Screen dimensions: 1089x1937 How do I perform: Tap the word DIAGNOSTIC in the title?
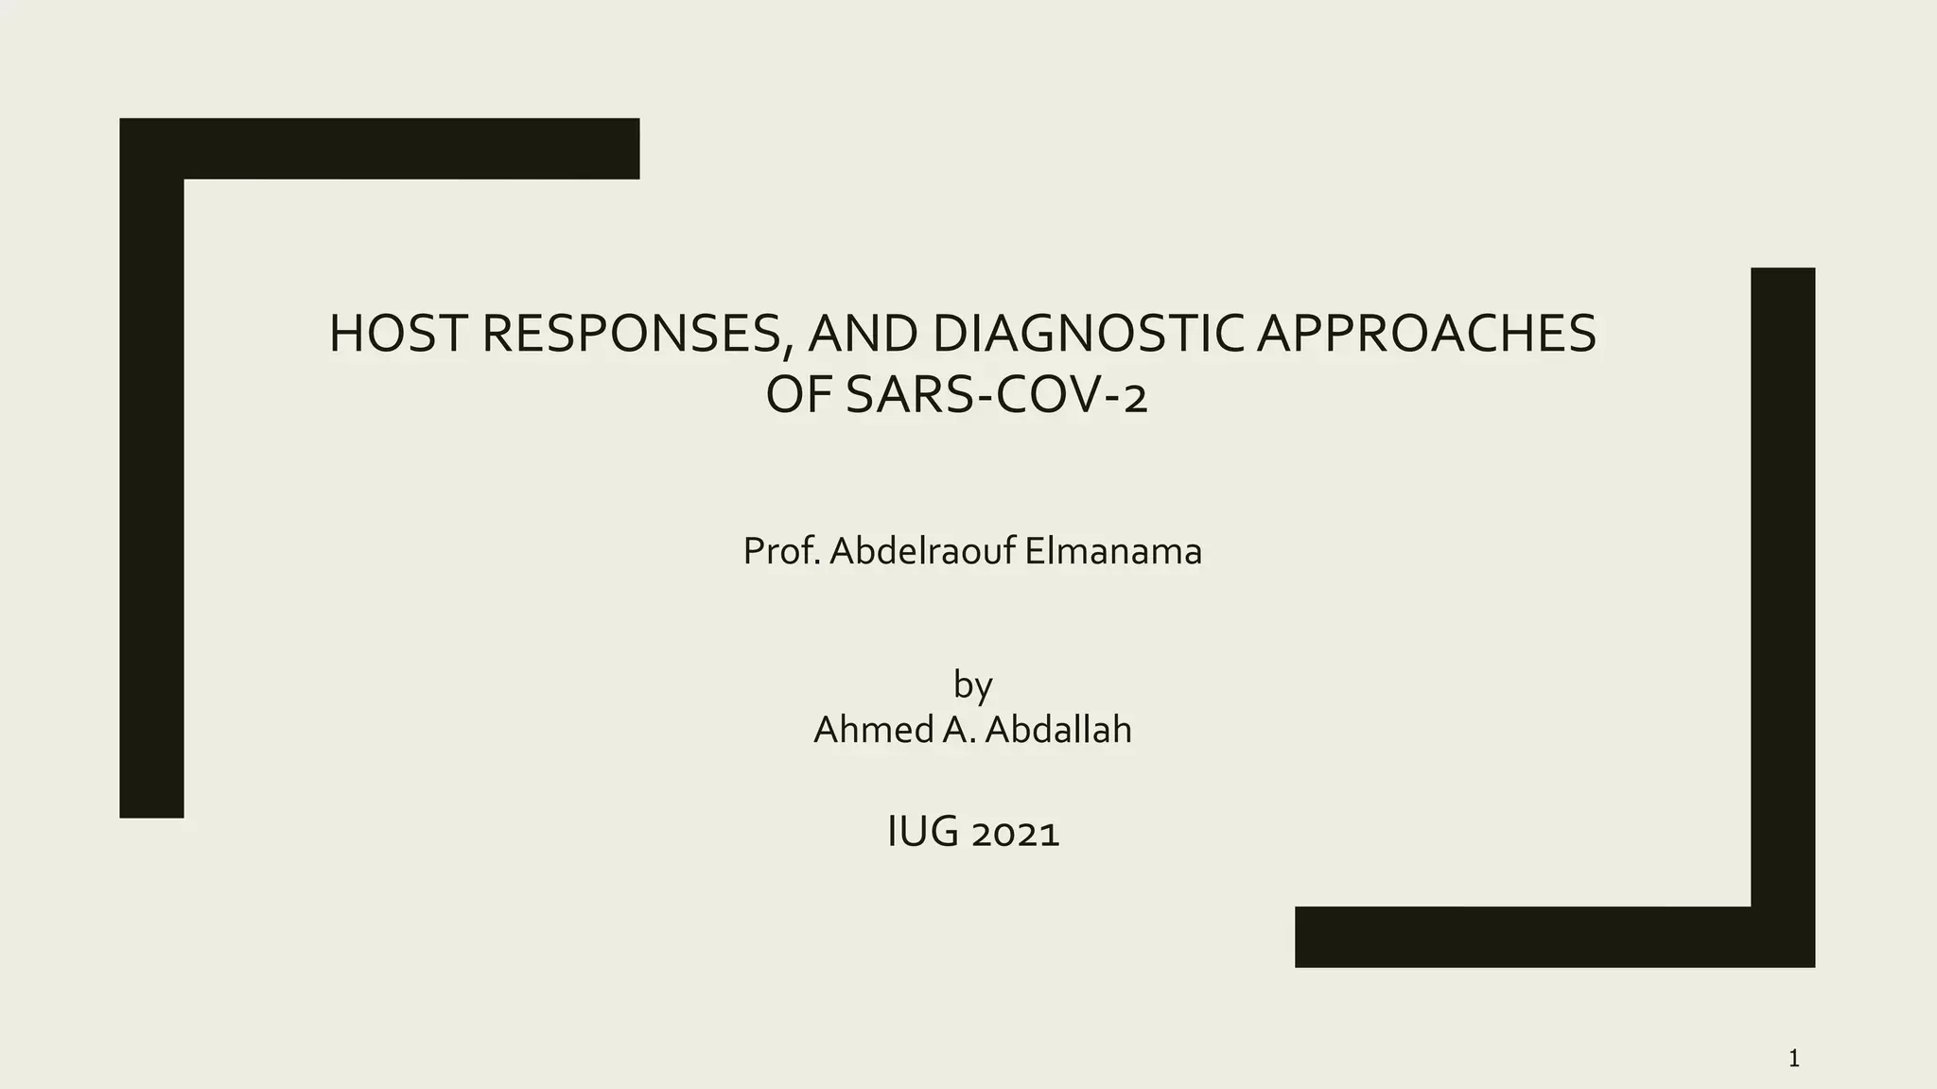coord(1089,334)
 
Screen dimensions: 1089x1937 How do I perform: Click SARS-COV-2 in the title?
coord(996,396)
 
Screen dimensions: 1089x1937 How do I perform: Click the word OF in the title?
coord(799,396)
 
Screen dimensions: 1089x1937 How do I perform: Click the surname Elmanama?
coord(1113,551)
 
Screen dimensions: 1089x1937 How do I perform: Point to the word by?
coord(972,685)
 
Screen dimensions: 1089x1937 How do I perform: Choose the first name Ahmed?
coord(873,730)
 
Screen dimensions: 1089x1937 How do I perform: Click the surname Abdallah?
coord(1058,730)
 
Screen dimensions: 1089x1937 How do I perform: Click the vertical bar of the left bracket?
coord(151,492)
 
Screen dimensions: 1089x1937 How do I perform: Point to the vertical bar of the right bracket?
coord(1783,586)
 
